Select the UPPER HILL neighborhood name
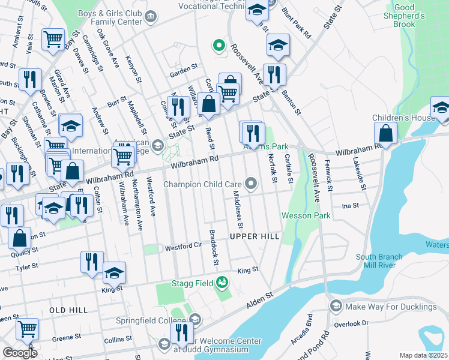pos(255,237)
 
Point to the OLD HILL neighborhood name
pos(68,310)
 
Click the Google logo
pos(20,353)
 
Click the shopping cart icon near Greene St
pos(27,328)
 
